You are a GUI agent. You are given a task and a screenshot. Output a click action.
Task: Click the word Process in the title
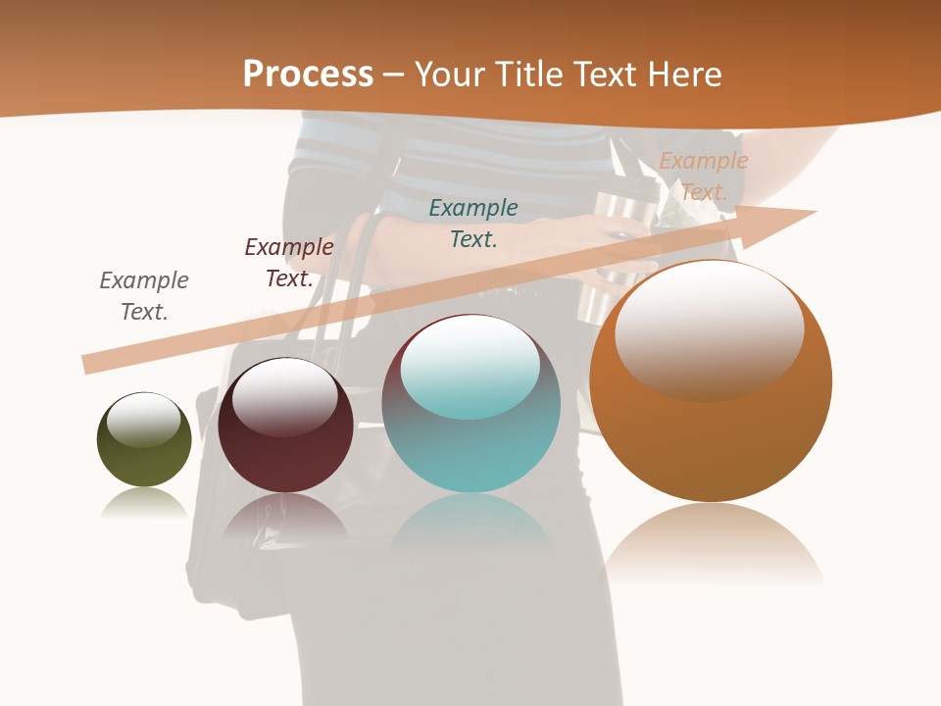click(x=308, y=75)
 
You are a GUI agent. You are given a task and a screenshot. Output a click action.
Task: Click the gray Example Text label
click(x=144, y=296)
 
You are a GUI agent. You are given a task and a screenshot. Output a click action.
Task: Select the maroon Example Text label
click(x=289, y=263)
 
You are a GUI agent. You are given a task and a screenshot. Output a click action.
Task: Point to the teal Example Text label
click(x=473, y=223)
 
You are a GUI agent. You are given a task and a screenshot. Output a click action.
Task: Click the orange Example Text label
click(x=704, y=176)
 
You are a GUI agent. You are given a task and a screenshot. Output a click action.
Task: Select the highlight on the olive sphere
click(x=143, y=420)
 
